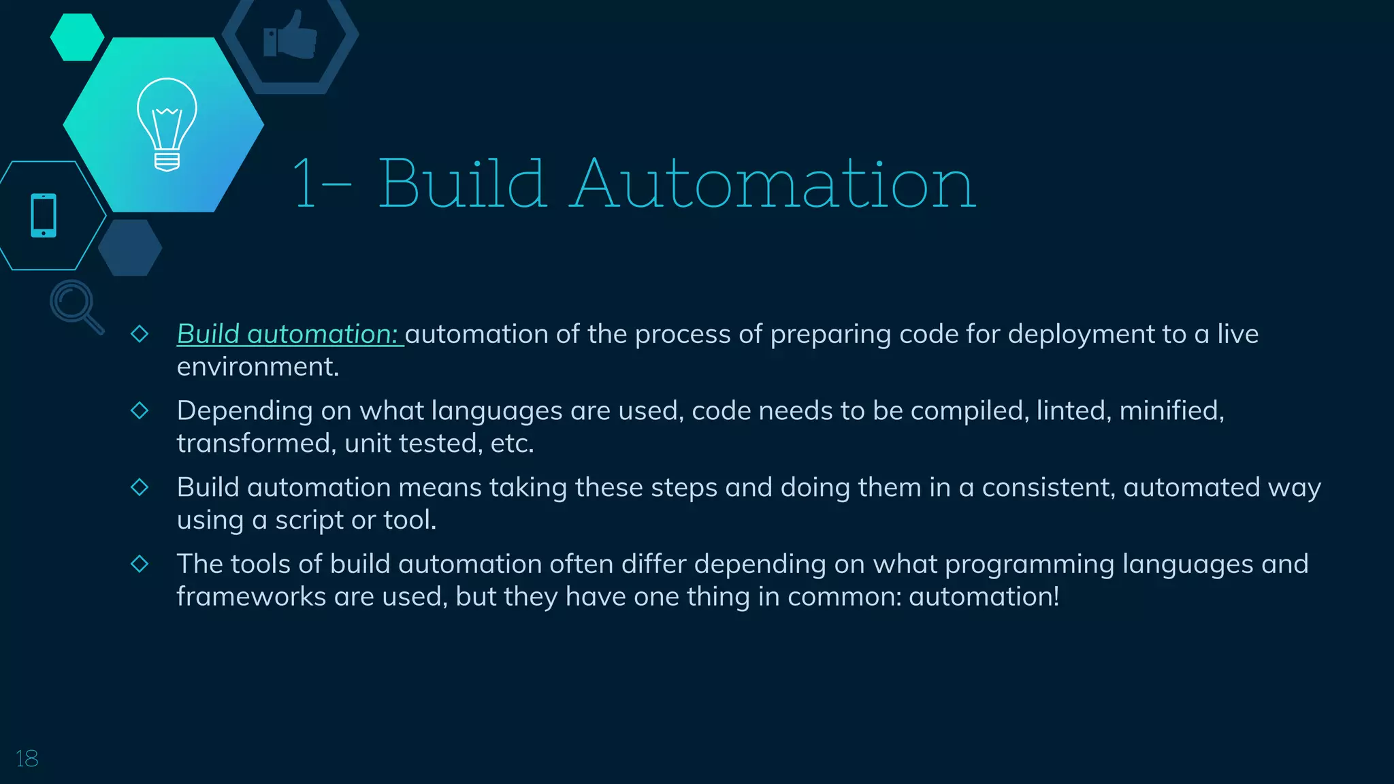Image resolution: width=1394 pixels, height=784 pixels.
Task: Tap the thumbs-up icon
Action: [291, 36]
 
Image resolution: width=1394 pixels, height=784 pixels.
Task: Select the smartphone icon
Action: [44, 216]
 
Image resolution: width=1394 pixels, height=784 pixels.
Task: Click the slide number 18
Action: [27, 758]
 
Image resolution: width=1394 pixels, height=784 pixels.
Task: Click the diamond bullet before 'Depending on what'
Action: [140, 410]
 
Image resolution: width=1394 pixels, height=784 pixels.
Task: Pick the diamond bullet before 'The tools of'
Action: [140, 563]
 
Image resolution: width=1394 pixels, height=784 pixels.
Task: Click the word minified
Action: [1171, 410]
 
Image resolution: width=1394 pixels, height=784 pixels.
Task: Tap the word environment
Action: [257, 367]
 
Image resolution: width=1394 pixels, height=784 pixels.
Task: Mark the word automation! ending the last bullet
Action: [984, 597]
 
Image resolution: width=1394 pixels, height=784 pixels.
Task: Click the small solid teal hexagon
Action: [77, 37]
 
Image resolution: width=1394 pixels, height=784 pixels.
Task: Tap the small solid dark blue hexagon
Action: [130, 248]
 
